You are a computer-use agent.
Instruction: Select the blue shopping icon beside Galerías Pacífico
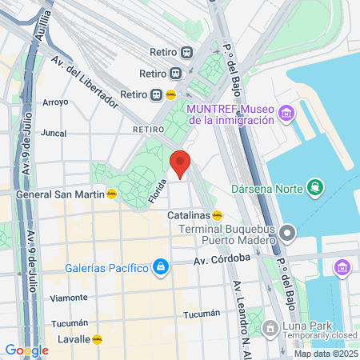click(x=161, y=266)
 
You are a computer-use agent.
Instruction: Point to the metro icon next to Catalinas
click(x=217, y=215)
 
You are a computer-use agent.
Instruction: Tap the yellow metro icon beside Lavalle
click(x=98, y=339)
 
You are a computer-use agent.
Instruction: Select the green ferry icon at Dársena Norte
click(x=316, y=189)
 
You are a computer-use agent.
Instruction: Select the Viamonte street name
click(x=69, y=297)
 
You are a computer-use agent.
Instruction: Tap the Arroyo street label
click(x=55, y=102)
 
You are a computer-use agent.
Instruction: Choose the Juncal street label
click(x=53, y=134)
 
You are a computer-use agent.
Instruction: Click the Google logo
click(x=26, y=350)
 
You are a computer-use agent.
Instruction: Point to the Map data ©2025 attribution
click(x=325, y=354)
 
